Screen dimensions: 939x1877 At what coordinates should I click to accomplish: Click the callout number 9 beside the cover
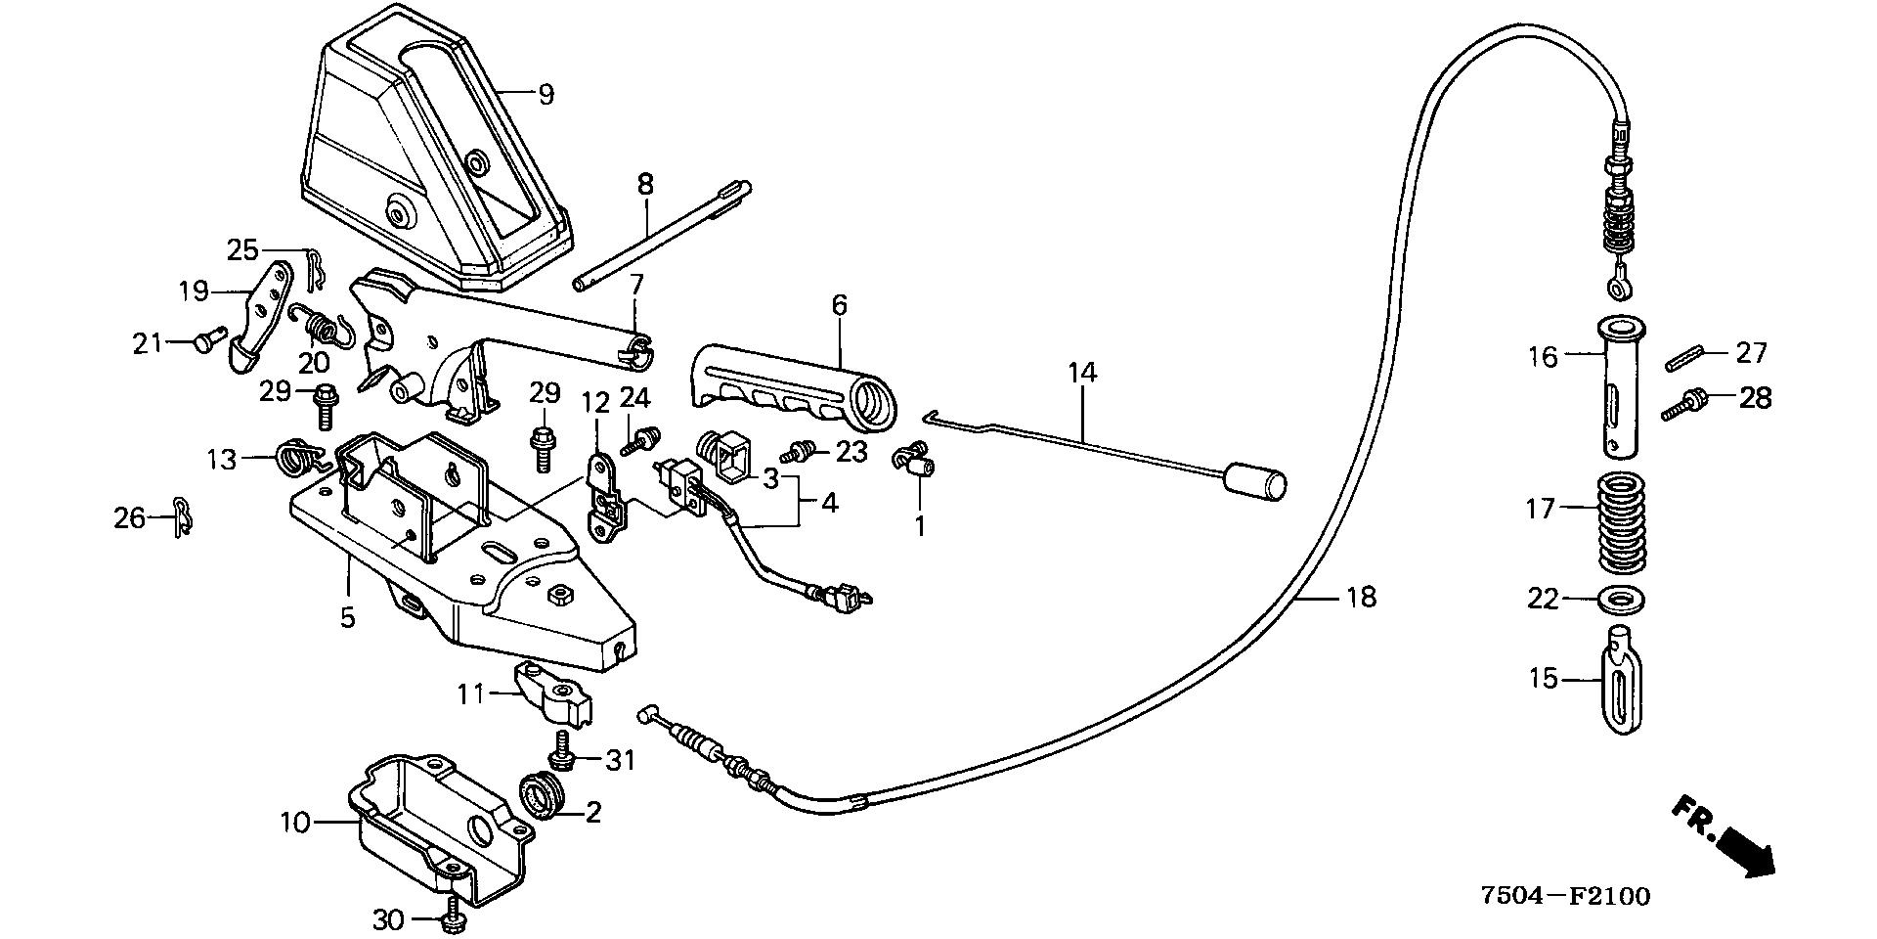[x=546, y=95]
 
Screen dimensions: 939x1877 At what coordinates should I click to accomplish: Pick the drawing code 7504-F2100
[x=1564, y=896]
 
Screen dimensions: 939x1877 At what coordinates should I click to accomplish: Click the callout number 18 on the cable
[x=1361, y=596]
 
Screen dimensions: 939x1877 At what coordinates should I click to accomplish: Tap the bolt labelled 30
[x=453, y=917]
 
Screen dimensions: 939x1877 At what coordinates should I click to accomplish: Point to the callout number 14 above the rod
[x=1082, y=372]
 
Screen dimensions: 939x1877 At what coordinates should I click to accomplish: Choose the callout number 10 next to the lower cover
[x=294, y=822]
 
